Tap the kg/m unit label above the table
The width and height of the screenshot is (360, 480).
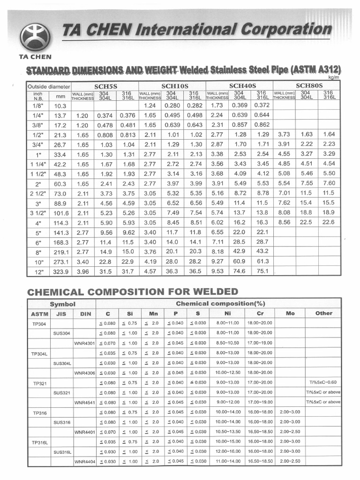333,77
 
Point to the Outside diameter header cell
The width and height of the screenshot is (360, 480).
49,87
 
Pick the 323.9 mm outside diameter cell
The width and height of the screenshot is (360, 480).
61,271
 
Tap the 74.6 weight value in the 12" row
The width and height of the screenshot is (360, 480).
240,271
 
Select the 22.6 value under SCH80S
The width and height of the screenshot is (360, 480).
329,222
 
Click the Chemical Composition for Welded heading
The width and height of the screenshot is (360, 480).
133,292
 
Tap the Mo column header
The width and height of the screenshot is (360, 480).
290,313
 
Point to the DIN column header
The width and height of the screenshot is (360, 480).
84,314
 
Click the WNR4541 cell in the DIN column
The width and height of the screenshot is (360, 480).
84,403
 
